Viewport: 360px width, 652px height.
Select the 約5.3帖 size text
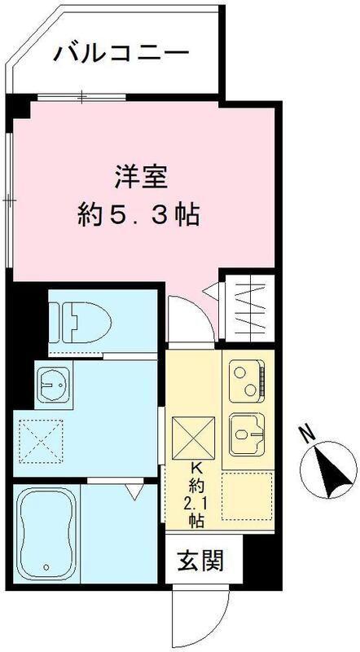[139, 216]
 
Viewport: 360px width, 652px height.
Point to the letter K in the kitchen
[196, 467]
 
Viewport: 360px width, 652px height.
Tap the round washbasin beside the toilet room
[53, 381]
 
